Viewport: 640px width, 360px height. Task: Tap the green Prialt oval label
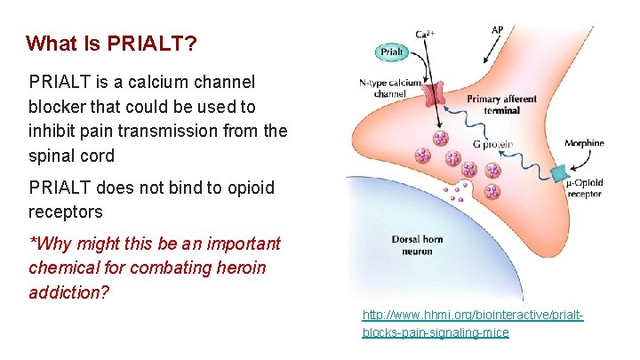(393, 52)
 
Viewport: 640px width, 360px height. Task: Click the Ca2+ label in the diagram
(424, 34)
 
